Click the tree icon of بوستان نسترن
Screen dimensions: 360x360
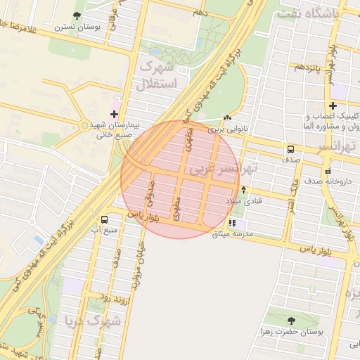pos(76,15)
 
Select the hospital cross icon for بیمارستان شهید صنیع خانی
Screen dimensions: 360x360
pos(115,113)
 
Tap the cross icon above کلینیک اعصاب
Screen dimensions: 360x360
pos(332,106)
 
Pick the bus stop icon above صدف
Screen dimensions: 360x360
pos(290,149)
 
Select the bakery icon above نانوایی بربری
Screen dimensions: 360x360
pos(226,117)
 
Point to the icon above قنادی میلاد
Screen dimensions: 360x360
pos(243,189)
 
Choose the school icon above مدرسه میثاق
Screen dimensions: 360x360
pos(232,223)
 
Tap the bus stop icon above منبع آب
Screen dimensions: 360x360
pos(105,219)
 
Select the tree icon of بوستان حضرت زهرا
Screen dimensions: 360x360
pos(291,320)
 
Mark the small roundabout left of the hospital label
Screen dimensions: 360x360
pos(85,125)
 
